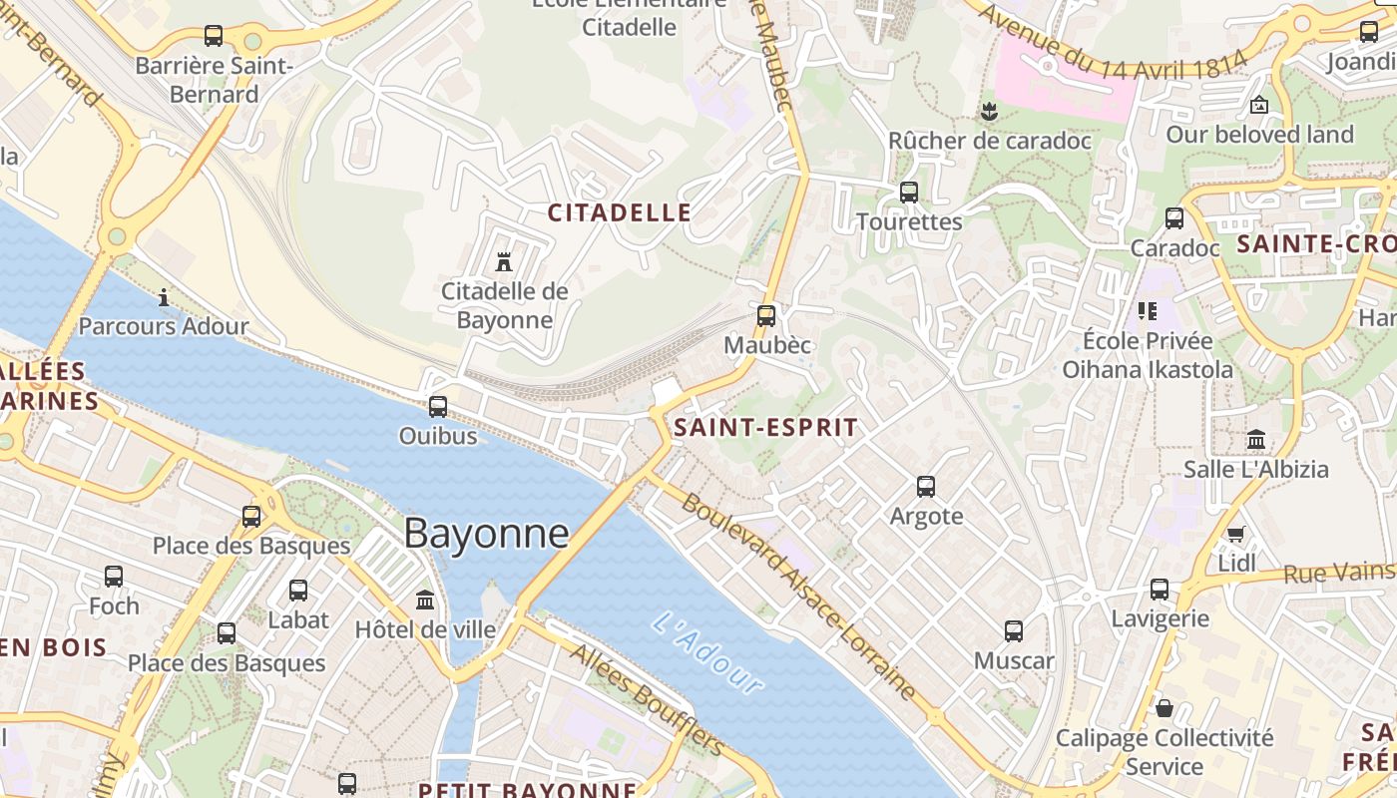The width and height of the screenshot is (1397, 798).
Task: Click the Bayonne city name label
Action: (x=486, y=534)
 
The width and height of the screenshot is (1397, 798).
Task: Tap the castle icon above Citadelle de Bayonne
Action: (x=504, y=262)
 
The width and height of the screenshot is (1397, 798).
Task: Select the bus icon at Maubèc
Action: (x=766, y=316)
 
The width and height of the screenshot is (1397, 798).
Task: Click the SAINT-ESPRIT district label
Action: (x=765, y=428)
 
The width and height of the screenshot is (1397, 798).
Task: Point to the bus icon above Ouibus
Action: (x=438, y=407)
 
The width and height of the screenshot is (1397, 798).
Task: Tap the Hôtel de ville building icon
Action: (x=426, y=600)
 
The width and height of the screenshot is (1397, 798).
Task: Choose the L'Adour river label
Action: (x=707, y=653)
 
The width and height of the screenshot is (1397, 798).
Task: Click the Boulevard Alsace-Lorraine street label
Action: (x=798, y=596)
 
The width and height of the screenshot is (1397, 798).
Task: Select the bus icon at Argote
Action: (x=926, y=487)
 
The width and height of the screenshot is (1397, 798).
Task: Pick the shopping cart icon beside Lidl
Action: (x=1236, y=534)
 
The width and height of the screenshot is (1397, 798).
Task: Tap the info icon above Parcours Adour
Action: (x=164, y=297)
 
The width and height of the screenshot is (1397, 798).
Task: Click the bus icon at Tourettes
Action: (x=909, y=193)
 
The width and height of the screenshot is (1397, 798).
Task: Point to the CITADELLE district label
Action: (x=620, y=212)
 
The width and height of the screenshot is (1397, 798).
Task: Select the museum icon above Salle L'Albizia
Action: (x=1256, y=439)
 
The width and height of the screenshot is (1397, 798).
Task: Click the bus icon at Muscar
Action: (x=1014, y=631)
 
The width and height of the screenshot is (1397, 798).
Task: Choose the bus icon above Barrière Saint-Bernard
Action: (x=214, y=36)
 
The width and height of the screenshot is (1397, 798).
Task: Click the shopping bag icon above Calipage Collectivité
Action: (x=1164, y=708)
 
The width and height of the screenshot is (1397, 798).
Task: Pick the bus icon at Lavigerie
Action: (x=1160, y=590)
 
